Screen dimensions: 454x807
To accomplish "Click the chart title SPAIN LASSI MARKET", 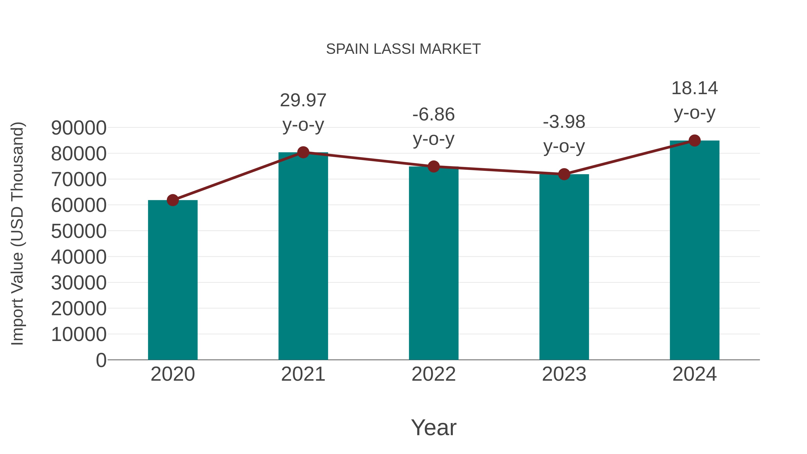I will coord(403,49).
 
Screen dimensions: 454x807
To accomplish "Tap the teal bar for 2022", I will coord(434,263).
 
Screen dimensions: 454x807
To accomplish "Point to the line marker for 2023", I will coord(564,174).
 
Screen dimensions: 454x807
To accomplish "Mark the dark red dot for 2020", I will coord(173,200).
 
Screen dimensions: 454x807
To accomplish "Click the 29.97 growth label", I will coord(303,101).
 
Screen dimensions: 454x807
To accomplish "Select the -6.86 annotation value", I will coord(434,114).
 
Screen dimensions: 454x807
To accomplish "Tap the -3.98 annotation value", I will coord(564,122).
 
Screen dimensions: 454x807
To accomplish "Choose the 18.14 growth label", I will coord(694,88).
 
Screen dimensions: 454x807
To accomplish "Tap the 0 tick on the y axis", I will coord(101,360).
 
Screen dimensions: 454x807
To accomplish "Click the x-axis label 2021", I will coord(303,374).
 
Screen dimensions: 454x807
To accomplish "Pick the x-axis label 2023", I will coord(564,374).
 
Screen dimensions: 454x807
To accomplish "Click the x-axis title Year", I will coord(434,427).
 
